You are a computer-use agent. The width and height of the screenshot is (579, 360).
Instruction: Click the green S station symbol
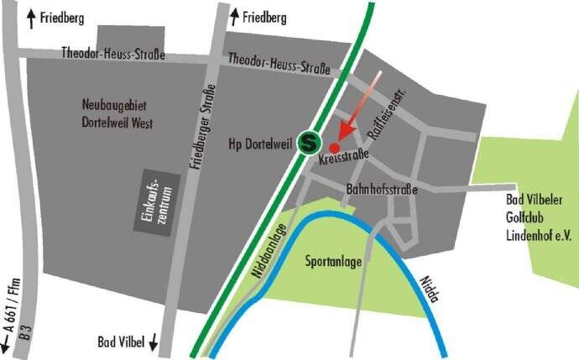pyautogui.click(x=310, y=143)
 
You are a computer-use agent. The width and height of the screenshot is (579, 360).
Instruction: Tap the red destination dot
pyautogui.click(x=334, y=147)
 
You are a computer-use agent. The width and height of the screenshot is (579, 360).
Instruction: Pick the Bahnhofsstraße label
pyautogui.click(x=382, y=190)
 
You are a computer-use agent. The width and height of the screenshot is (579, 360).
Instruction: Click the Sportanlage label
pyautogui.click(x=334, y=262)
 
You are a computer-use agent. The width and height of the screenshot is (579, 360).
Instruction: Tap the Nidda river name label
pyautogui.click(x=429, y=285)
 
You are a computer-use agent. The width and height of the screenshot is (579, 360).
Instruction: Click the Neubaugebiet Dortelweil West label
pyautogui.click(x=117, y=114)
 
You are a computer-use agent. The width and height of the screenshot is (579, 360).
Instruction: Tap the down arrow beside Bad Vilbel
pyautogui.click(x=154, y=342)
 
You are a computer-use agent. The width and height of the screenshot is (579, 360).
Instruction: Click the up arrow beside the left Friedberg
pyautogui.click(x=31, y=15)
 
